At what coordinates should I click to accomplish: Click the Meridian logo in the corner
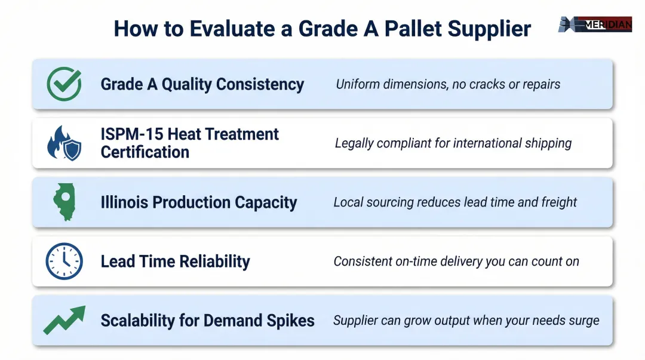click(595, 24)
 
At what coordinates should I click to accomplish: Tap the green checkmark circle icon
click(64, 84)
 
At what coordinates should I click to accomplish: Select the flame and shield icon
click(64, 143)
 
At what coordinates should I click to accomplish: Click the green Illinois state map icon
click(64, 202)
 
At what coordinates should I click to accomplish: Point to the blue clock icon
click(64, 261)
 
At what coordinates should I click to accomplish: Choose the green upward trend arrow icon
click(64, 320)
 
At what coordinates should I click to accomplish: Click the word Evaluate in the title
click(241, 29)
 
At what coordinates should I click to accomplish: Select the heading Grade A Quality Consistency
click(202, 84)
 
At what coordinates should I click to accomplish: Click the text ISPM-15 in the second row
click(132, 134)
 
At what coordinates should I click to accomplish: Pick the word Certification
click(145, 152)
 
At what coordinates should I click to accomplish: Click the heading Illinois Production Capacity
click(199, 202)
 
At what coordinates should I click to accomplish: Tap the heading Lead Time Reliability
click(175, 261)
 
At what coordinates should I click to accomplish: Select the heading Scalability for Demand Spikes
click(207, 321)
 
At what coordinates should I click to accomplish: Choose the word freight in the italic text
click(559, 202)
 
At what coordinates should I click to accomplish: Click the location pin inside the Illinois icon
click(64, 197)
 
